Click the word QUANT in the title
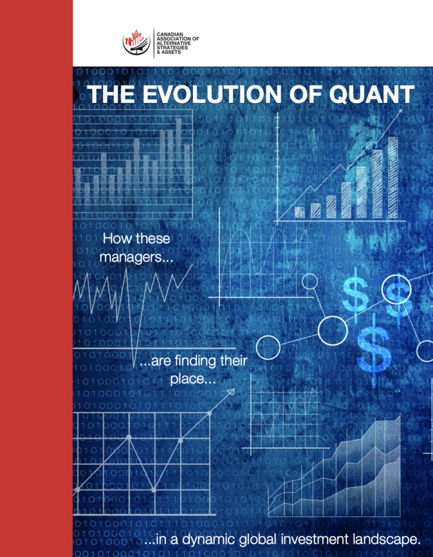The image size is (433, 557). tap(372, 94)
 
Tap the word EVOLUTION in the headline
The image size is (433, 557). tap(212, 94)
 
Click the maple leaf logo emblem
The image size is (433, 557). tap(137, 42)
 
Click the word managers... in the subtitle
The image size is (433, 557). tap(137, 257)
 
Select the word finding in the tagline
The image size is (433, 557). tap(196, 361)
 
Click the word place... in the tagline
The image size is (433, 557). tap(193, 379)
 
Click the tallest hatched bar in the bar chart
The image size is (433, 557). tap(393, 177)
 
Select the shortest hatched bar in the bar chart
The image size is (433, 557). tap(299, 212)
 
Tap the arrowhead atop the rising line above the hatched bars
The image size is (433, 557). tap(400, 112)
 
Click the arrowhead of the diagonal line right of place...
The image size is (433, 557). tap(231, 392)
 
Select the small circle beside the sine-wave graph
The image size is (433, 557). tap(310, 281)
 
